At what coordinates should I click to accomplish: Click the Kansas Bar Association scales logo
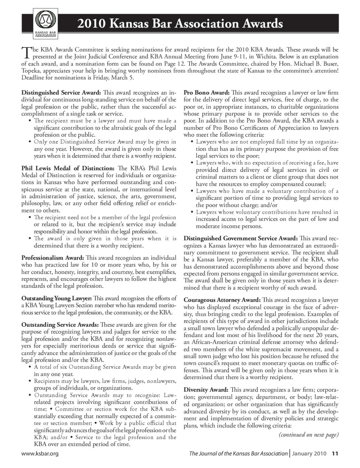(x=46, y=22)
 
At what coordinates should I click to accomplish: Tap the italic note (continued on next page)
(x=308, y=435)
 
